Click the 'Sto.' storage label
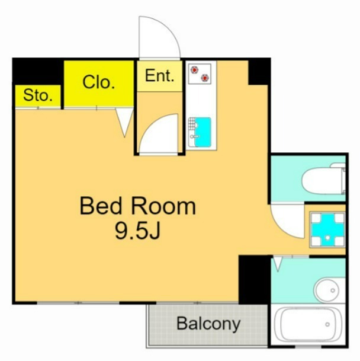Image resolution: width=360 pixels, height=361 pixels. point(38,95)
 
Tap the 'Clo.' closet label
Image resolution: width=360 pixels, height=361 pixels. point(98,82)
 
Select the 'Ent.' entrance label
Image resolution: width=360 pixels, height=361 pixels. point(159,75)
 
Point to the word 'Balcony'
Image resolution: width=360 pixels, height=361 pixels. point(208,324)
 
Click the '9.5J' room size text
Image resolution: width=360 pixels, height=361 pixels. point(137,231)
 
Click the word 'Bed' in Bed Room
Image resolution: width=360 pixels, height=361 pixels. point(101,206)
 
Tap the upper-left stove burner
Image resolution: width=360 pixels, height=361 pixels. point(195,69)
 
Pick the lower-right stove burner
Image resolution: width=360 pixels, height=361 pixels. point(205,78)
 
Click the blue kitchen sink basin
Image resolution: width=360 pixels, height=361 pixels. point(202,132)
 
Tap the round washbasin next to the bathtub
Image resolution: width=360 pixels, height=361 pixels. point(327,290)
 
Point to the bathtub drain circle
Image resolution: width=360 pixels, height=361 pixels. point(327,325)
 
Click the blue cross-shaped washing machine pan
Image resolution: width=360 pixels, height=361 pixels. point(327,230)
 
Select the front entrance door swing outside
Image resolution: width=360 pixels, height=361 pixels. point(159,37)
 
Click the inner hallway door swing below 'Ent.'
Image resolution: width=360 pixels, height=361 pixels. point(159,133)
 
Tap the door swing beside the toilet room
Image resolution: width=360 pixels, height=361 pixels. point(288,221)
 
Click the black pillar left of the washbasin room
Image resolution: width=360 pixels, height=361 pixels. point(255,280)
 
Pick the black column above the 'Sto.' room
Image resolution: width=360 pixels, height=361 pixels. point(38,71)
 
